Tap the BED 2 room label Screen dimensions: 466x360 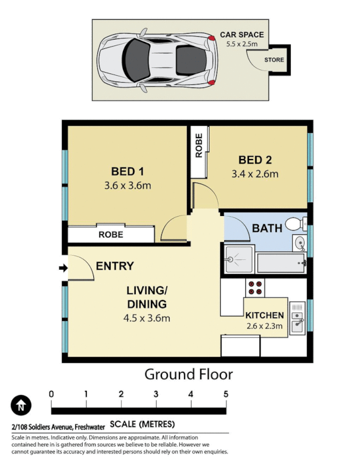(x=255, y=160)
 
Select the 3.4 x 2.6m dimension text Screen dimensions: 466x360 (x=255, y=174)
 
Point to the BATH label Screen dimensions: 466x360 (x=267, y=228)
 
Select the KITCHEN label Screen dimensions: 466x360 (x=264, y=315)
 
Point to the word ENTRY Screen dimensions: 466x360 (x=115, y=266)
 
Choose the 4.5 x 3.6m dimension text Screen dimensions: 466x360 (x=147, y=318)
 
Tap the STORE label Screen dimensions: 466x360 (x=274, y=60)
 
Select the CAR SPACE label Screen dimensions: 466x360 (x=241, y=35)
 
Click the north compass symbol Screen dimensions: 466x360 (x=21, y=404)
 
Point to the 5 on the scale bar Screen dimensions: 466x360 (x=225, y=394)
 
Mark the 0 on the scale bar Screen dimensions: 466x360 (x=51, y=394)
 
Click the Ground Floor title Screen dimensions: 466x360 (x=188, y=374)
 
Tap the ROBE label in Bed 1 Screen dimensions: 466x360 (x=110, y=235)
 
